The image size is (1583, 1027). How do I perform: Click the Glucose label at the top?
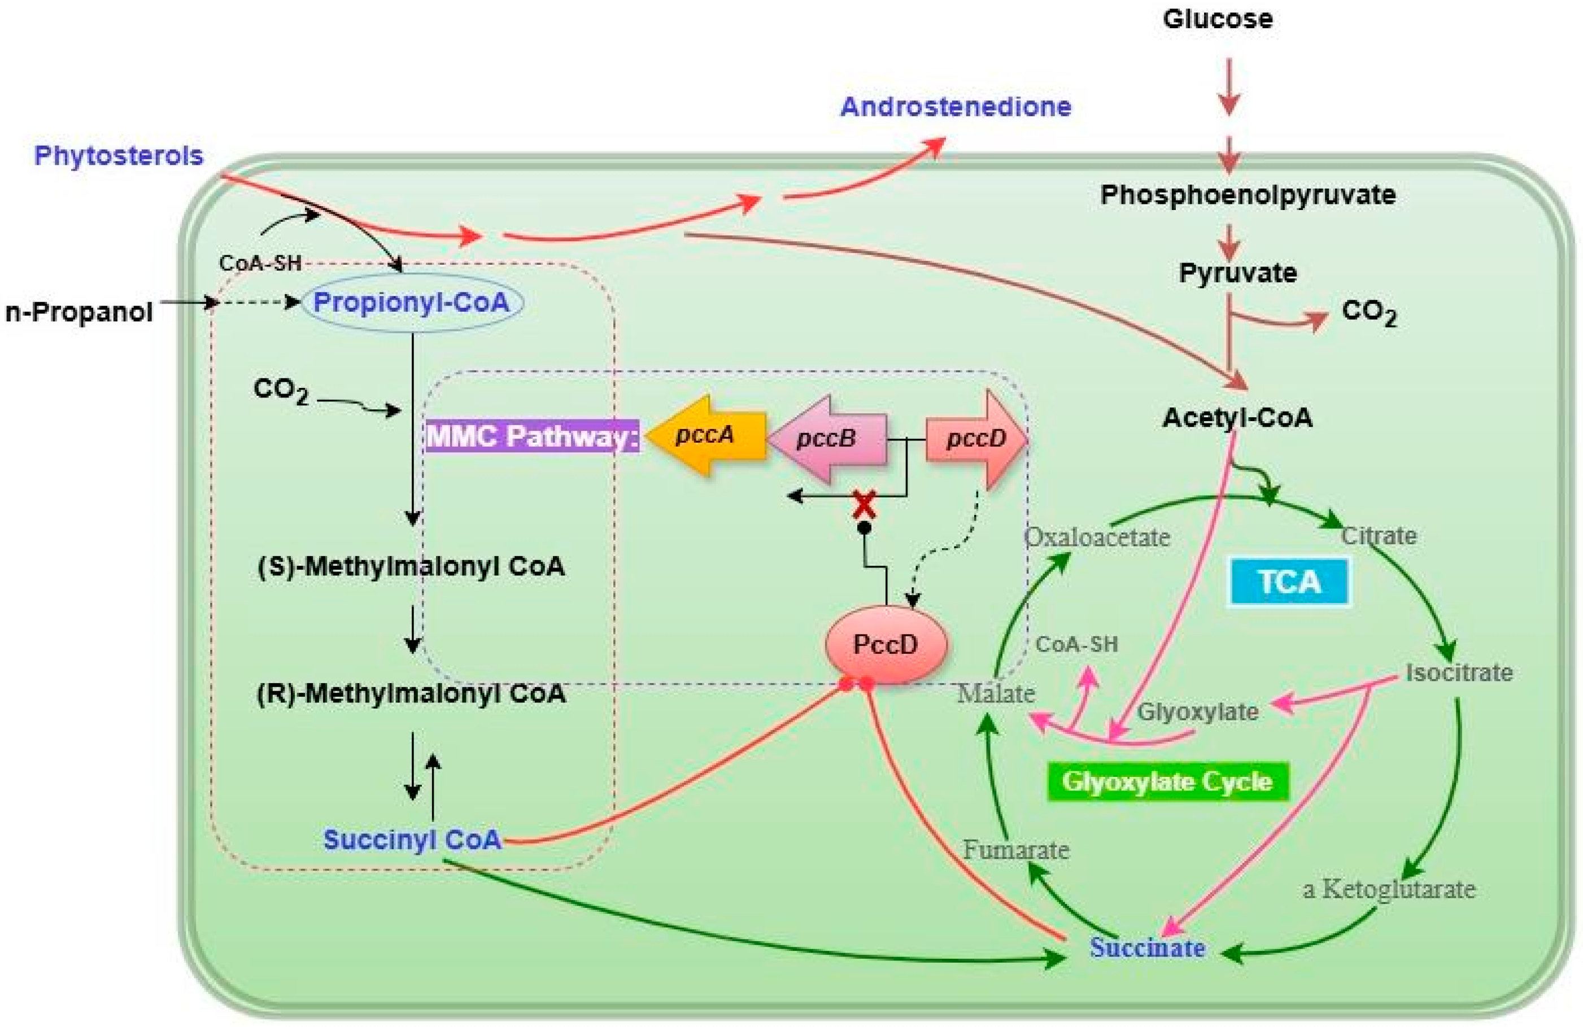(x=1217, y=19)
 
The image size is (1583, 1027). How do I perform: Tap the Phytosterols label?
(x=119, y=156)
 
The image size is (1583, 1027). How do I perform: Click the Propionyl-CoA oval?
(x=412, y=303)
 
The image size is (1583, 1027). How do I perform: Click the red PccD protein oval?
(x=886, y=644)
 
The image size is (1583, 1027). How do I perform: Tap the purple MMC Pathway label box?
(x=532, y=436)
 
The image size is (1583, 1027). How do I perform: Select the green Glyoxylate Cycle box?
(x=1167, y=781)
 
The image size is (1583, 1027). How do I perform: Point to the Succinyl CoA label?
(x=412, y=840)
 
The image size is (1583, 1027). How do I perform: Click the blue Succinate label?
(x=1148, y=948)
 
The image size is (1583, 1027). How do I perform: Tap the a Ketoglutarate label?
(x=1389, y=889)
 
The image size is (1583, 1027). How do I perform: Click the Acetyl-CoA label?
(x=1237, y=418)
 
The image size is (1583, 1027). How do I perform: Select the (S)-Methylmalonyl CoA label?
(x=411, y=567)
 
